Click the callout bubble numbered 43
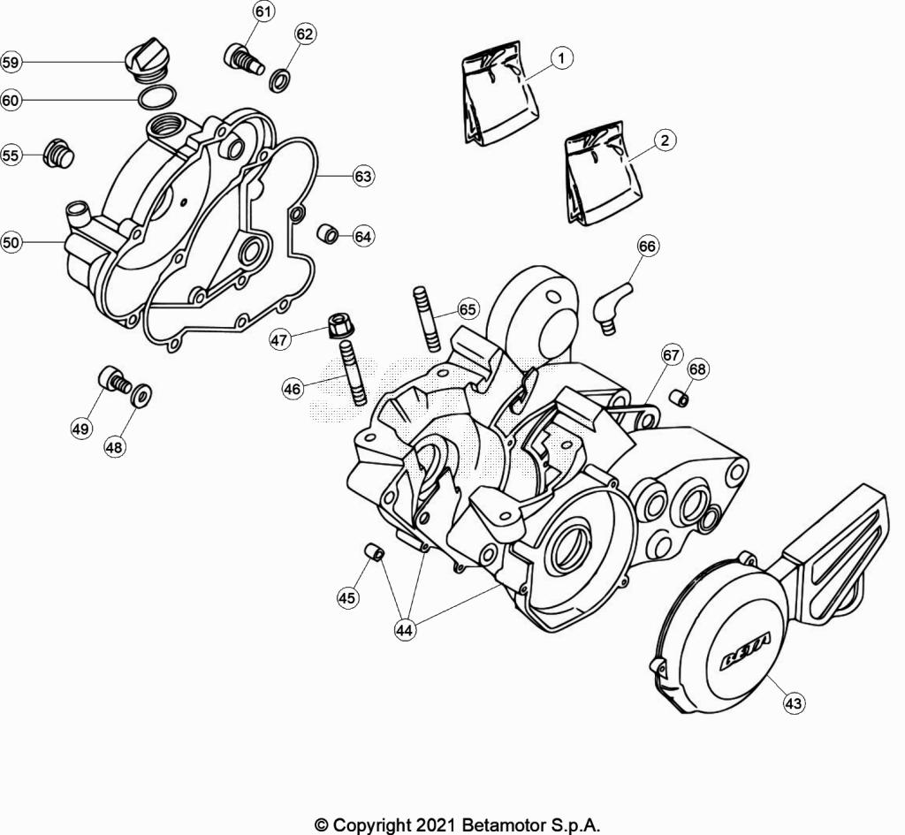click(794, 702)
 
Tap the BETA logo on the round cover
click(744, 653)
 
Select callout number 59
click(11, 62)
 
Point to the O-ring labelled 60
click(157, 97)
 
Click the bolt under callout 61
click(243, 59)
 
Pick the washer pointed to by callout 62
click(280, 80)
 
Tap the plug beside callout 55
click(59, 154)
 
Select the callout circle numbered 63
click(363, 176)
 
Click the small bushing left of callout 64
click(328, 234)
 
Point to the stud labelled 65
click(427, 318)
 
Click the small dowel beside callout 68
click(679, 398)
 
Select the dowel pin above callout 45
click(375, 551)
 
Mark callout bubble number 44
click(404, 630)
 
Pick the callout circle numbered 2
click(665, 140)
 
